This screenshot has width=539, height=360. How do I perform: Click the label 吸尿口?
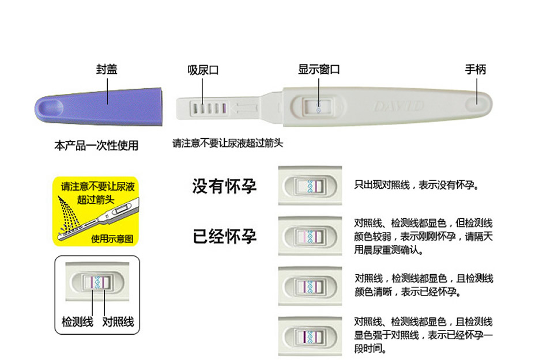pos(203,70)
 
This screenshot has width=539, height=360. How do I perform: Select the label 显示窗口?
pos(318,70)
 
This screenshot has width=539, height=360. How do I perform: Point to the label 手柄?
pos(476,70)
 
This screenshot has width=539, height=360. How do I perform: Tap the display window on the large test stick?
pos(319,107)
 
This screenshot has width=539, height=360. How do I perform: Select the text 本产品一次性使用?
pos(96,146)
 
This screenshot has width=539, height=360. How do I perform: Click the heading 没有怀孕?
pos(224,187)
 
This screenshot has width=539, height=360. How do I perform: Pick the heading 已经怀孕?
pos(224,236)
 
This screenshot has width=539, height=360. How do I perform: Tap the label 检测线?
pos(77,321)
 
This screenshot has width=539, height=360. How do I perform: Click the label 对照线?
pos(118,321)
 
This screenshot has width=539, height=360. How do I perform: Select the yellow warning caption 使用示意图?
pos(112,238)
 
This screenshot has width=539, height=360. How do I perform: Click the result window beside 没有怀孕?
pos(310,186)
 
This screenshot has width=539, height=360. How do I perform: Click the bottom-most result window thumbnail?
pos(310,335)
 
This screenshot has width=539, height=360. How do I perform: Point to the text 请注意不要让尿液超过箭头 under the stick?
pos(228,143)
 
